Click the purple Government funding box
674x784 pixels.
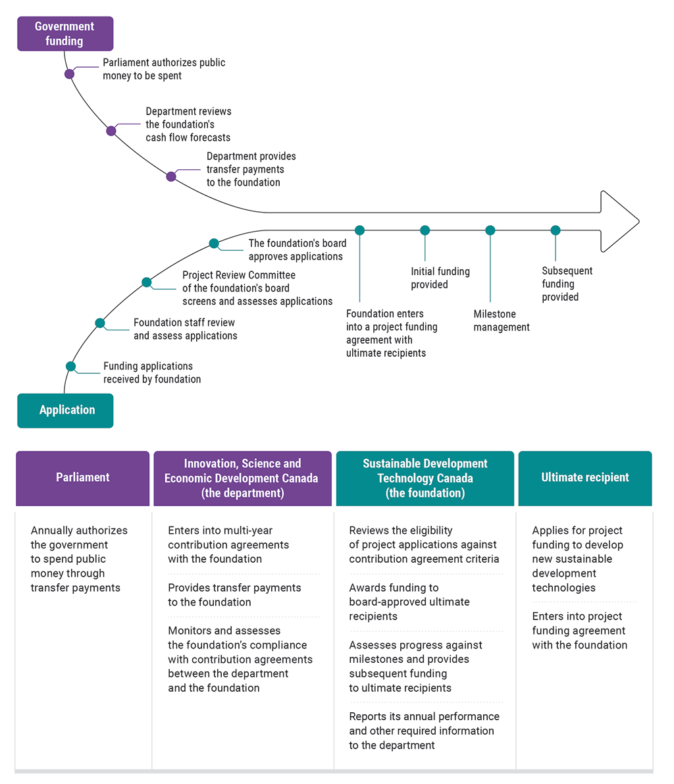pos(65,34)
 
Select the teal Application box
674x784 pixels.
pos(65,410)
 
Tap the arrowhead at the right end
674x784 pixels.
pos(619,221)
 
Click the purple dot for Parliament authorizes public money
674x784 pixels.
pos(70,74)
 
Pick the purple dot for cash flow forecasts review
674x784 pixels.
pos(111,131)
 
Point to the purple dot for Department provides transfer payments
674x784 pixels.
pos(171,176)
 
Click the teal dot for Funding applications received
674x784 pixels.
pos(71,367)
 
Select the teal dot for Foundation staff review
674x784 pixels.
pos(100,323)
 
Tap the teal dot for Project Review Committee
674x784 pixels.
pos(147,282)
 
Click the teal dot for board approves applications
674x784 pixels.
pos(214,244)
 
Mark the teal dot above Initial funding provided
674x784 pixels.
pos(425,230)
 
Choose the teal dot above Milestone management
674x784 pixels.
pos(490,230)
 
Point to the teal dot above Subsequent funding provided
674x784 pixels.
pos(556,230)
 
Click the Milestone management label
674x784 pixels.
pos(502,321)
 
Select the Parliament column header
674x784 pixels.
pos(83,478)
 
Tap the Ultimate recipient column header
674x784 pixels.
pos(585,478)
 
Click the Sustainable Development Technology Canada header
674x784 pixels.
pos(425,478)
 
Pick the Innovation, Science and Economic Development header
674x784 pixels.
pos(242,478)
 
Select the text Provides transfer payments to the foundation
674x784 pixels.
pos(234,595)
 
